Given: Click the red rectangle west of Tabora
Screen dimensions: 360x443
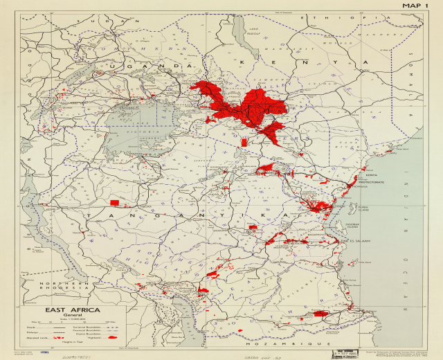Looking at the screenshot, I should [x=115, y=202].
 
